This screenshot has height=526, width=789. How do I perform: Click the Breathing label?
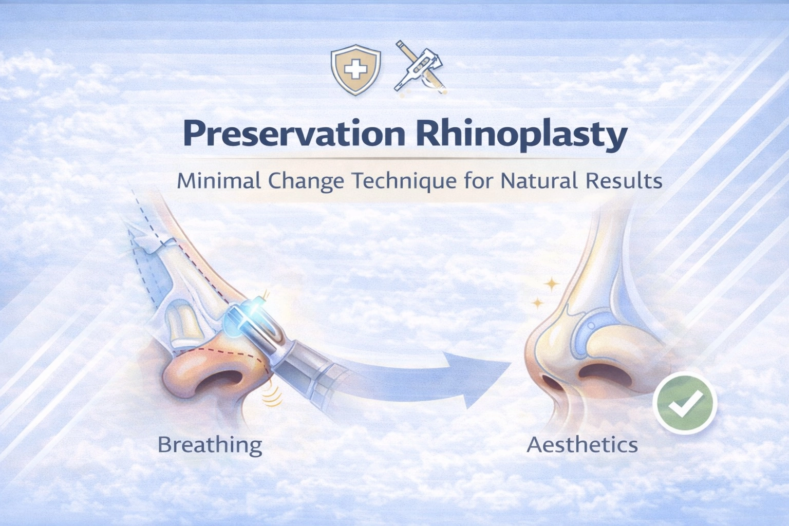[210, 444]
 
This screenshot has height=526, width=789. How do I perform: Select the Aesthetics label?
[583, 444]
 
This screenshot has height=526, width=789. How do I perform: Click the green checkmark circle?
[685, 403]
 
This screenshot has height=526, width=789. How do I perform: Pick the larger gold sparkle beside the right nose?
[552, 284]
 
